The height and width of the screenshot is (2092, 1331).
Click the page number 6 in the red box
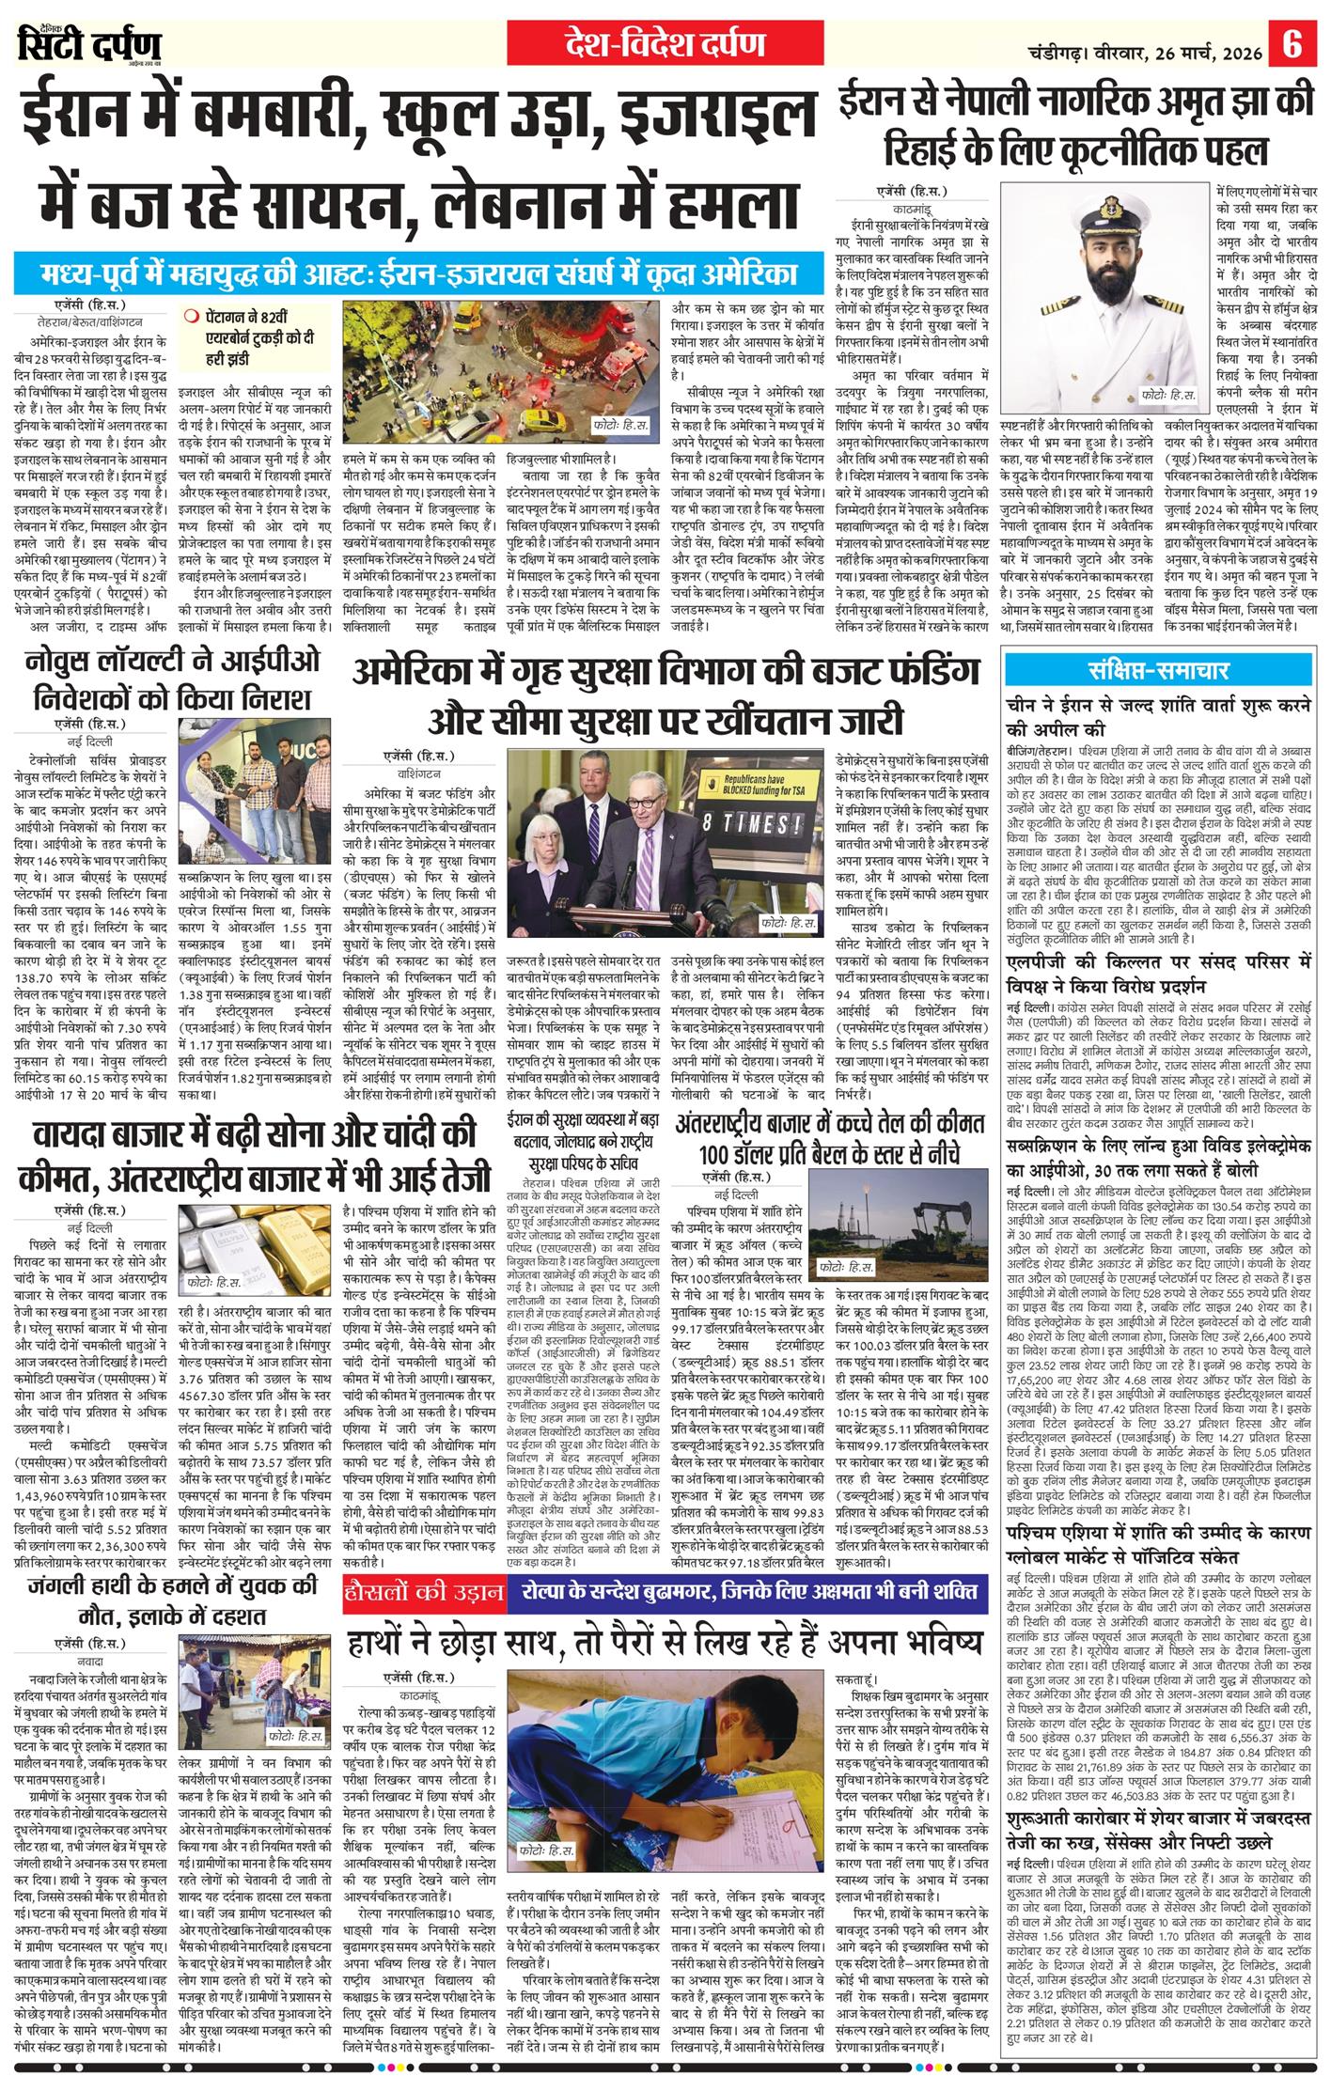1294,45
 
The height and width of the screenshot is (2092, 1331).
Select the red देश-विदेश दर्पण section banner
664,45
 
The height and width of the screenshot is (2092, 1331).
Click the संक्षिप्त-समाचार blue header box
1158,671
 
